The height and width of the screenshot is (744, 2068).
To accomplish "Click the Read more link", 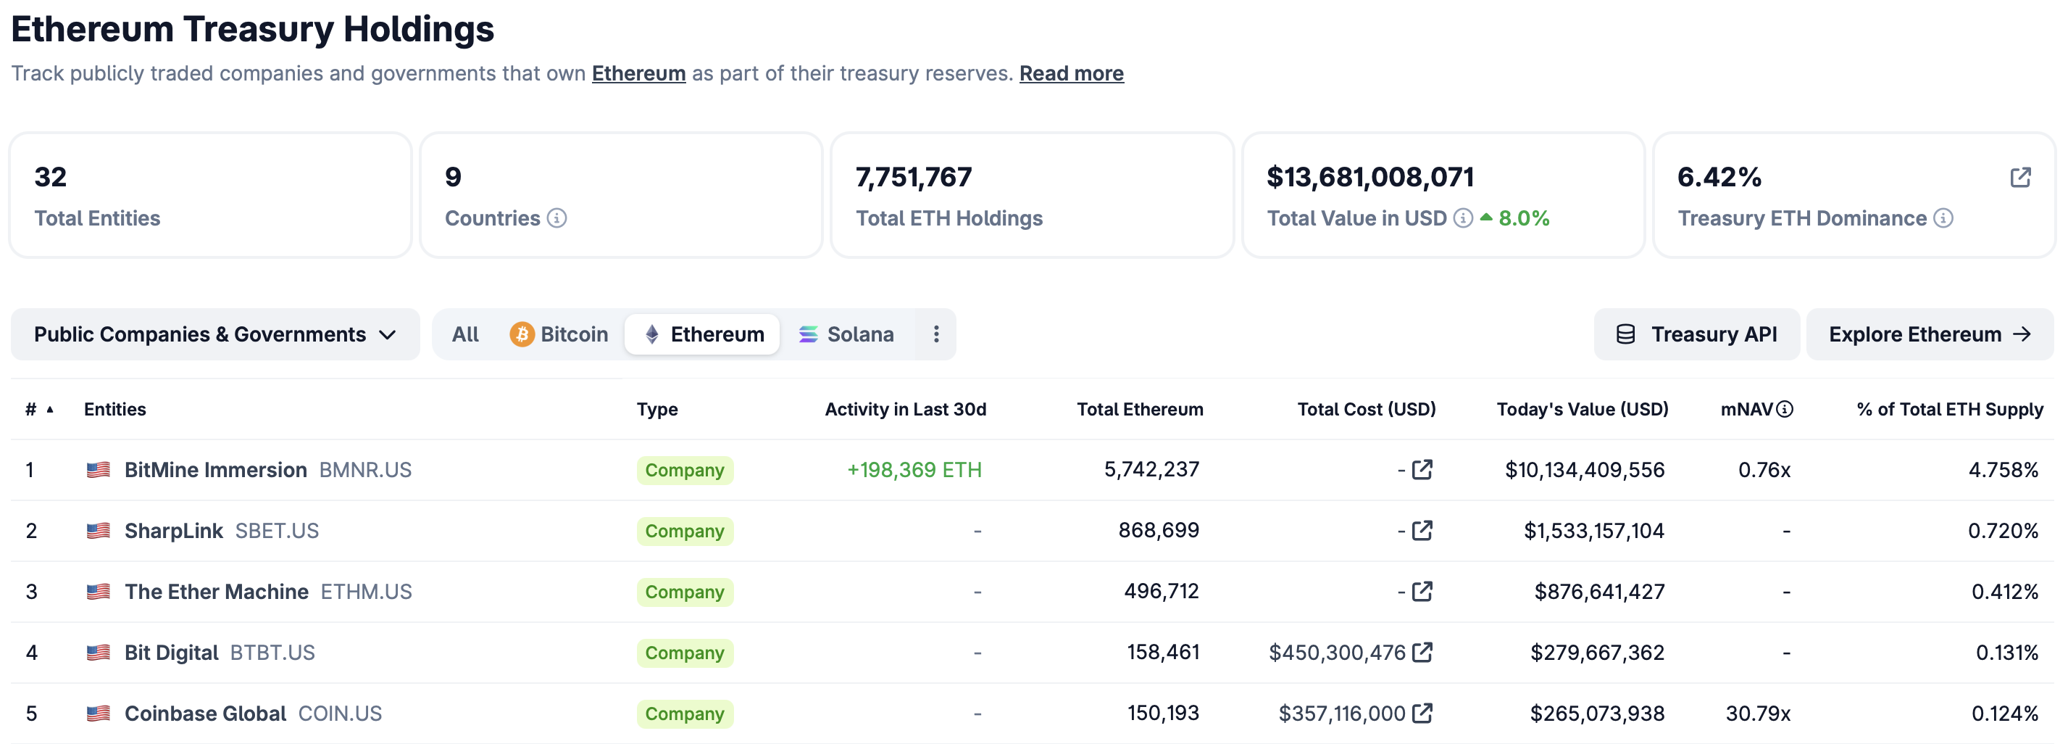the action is coord(1071,73).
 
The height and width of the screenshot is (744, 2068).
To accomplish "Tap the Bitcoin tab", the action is coord(559,334).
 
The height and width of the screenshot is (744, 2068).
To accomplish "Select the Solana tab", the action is coord(846,334).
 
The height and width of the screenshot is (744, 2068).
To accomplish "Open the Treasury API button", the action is coord(1696,334).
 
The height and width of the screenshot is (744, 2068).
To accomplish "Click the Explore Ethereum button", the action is coord(1930,334).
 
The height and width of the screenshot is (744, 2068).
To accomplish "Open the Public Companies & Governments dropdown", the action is coord(215,334).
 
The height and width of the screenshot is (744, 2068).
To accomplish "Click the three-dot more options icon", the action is coord(936,334).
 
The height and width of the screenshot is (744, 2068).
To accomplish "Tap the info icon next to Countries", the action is coord(557,218).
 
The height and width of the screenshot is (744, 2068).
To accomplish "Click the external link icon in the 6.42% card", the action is coord(2021,177).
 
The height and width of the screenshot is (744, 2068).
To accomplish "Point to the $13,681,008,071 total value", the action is coord(1369,177).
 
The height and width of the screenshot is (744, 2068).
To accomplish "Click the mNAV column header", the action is coord(1747,409).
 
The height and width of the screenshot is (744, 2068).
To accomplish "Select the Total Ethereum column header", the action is coord(1140,409).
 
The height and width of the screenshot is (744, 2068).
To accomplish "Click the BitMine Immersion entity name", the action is coord(215,470).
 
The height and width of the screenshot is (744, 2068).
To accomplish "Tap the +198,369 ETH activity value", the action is coord(914,470).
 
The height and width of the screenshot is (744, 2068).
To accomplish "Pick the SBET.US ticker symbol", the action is coord(277,531).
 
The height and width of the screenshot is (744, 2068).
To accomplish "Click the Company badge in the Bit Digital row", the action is coord(685,653).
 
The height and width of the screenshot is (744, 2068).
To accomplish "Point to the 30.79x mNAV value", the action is coord(1758,714).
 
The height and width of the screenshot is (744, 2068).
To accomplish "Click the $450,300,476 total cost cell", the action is coord(1338,653).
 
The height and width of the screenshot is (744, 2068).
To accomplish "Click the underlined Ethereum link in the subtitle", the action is coord(639,73).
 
